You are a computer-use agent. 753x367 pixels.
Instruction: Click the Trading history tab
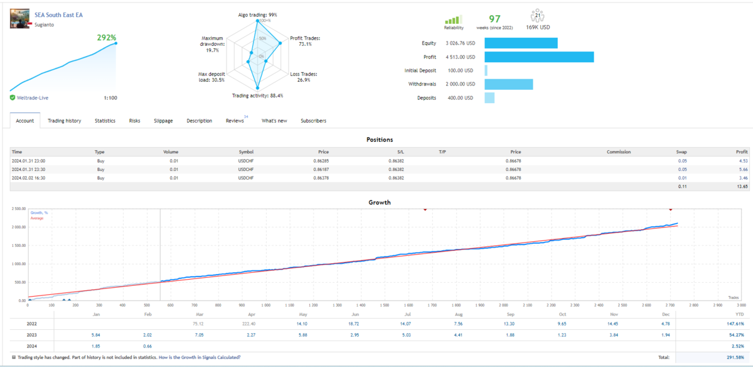[64, 121]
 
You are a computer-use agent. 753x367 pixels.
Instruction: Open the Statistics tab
[105, 121]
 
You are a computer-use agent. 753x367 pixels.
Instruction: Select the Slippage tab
[163, 121]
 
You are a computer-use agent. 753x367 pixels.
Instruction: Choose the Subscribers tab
[313, 121]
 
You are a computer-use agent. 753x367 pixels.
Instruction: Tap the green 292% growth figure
[106, 38]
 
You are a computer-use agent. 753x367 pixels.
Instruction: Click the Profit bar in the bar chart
[539, 57]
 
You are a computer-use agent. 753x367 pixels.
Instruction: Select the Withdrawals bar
[508, 84]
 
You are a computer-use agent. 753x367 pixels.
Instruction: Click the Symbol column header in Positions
[246, 152]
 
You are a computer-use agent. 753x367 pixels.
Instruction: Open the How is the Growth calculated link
[199, 358]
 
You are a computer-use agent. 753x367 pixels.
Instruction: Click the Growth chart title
[379, 202]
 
